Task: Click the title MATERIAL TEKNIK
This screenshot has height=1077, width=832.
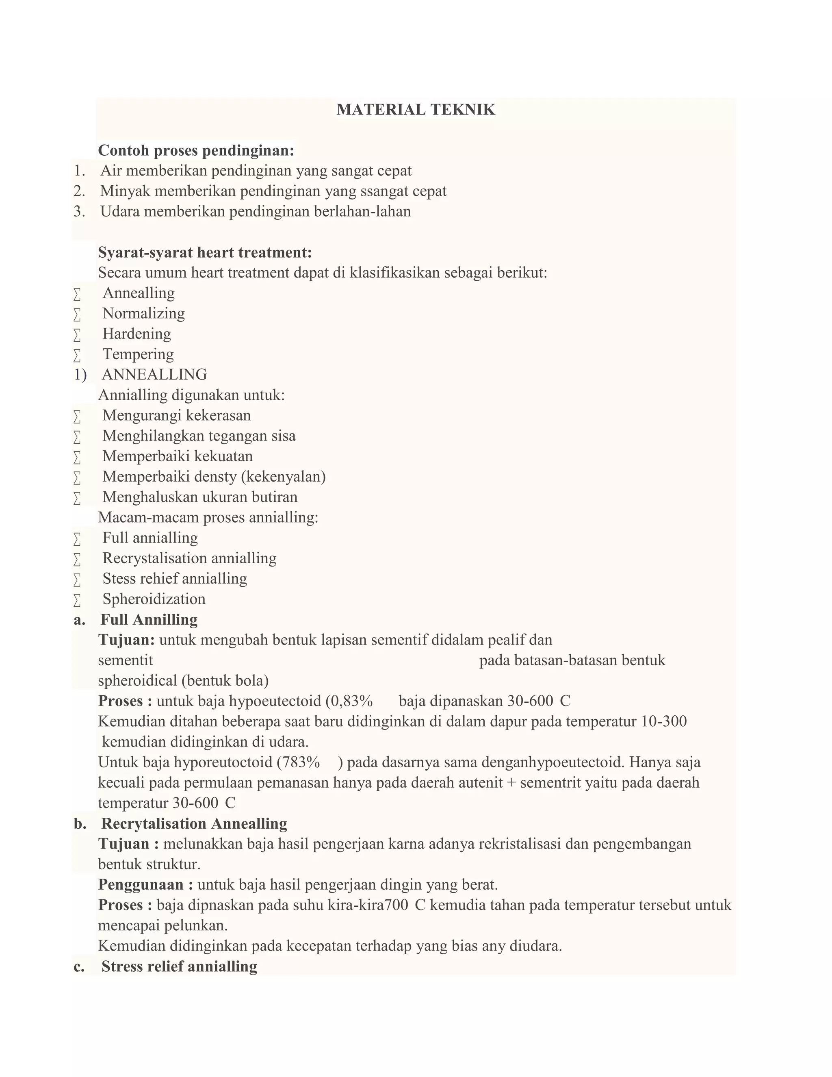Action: point(416,109)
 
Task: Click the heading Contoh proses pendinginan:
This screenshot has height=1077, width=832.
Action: point(196,150)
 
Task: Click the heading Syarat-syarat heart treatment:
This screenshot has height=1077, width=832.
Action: point(205,252)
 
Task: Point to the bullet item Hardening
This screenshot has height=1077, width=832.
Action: point(136,334)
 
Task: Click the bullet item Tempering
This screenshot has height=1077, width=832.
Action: point(138,354)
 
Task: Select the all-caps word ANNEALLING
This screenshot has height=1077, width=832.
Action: point(154,374)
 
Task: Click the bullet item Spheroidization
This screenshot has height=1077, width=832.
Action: point(154,599)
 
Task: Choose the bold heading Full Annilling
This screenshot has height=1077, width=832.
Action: point(149,619)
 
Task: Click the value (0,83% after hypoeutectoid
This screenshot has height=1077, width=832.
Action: point(349,701)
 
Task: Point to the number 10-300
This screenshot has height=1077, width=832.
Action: point(664,721)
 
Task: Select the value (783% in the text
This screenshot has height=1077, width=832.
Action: point(298,762)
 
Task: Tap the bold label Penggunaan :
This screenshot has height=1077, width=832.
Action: point(145,885)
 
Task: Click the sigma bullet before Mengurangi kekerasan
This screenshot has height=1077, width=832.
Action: point(77,416)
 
